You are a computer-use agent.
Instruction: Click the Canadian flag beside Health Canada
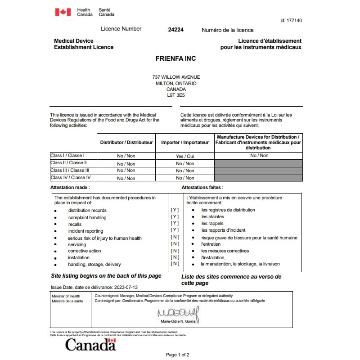tap(63, 12)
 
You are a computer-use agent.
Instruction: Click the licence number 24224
tap(175, 30)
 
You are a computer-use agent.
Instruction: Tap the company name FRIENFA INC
tap(175, 58)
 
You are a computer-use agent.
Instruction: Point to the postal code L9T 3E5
tap(175, 95)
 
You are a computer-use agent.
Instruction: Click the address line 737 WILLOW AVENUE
tap(176, 77)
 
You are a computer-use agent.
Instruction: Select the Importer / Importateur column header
tap(185, 143)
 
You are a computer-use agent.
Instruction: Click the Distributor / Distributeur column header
tap(126, 143)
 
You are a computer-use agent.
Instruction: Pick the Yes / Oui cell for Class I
tap(185, 156)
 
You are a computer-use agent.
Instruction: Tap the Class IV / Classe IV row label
tap(70, 178)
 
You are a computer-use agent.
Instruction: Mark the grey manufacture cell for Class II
tap(258, 163)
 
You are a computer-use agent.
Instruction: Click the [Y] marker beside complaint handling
tap(175, 217)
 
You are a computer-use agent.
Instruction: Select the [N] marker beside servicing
tap(175, 244)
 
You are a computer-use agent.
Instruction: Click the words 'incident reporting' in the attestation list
tap(85, 231)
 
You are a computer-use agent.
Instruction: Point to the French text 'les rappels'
tap(212, 224)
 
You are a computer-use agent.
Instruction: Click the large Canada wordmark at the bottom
tap(90, 345)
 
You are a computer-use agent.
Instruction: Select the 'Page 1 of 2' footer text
tap(178, 355)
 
